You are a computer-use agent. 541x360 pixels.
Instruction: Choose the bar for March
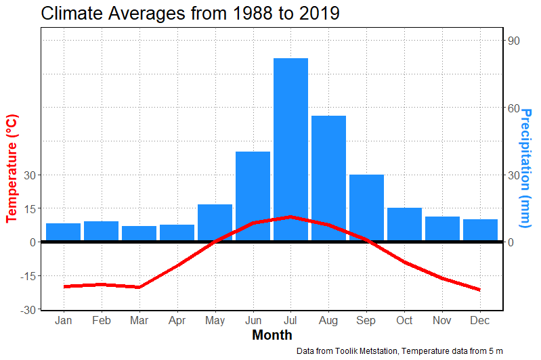(x=139, y=233)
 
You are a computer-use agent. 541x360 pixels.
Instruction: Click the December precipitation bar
(x=480, y=230)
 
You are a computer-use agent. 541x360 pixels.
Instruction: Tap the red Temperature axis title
(x=12, y=168)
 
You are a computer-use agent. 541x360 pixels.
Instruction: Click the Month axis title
(x=272, y=335)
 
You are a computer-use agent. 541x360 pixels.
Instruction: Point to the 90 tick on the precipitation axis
(x=514, y=41)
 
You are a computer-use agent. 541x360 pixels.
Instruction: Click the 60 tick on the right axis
(x=514, y=108)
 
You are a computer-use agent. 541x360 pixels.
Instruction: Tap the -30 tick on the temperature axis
(x=28, y=309)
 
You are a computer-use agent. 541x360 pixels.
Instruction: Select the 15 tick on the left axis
(x=30, y=208)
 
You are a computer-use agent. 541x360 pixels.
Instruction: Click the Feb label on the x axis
(x=101, y=320)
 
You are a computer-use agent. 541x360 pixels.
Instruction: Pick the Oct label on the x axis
(x=404, y=320)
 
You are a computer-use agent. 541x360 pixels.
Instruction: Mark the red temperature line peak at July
(x=290, y=217)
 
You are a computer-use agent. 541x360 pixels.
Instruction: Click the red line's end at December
(x=480, y=290)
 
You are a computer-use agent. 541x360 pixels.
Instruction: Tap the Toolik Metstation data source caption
(x=399, y=351)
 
